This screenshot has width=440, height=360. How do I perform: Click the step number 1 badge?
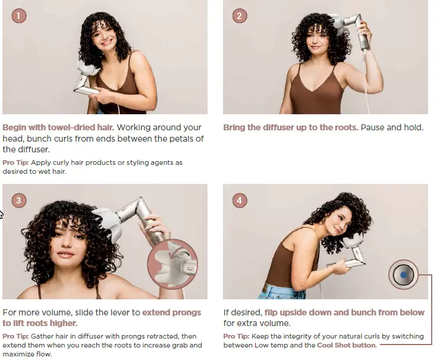pos(19,15)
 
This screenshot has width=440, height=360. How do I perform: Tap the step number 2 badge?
pos(240,15)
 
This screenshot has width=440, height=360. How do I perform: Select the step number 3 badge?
pos(19,200)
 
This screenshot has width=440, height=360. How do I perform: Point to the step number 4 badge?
pos(240,200)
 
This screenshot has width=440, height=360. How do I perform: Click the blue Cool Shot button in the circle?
pos(404,275)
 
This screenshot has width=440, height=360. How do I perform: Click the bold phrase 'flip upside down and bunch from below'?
pos(344,312)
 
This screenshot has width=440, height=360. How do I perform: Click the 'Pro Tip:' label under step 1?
pos(16,162)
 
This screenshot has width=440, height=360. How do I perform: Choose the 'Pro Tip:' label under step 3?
pos(16,336)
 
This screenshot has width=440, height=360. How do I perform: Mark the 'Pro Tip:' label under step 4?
pos(237,336)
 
